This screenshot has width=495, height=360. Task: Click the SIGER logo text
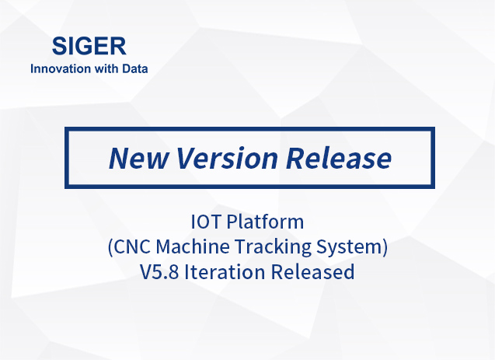tap(89, 46)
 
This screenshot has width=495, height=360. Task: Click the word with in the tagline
tap(106, 68)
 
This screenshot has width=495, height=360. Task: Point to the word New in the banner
tap(138, 158)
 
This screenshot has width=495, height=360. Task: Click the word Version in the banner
tap(227, 158)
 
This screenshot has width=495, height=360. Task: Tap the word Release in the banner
tap(339, 158)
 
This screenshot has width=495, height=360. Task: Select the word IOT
tap(205, 222)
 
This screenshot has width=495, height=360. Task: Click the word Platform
tap(265, 222)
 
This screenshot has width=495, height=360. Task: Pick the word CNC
tap(131, 246)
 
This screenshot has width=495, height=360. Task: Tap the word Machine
tap(193, 246)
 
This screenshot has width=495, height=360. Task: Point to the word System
tap(350, 247)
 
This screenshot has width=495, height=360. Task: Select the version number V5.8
tap(159, 271)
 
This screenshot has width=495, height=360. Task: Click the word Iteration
tap(225, 271)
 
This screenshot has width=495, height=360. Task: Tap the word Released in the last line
tap(313, 271)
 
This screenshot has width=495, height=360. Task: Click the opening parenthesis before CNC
tap(110, 247)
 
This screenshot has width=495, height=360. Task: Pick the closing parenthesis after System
tap(385, 247)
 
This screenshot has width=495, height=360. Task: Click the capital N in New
tap(120, 158)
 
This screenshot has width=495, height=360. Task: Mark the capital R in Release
tap(296, 158)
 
